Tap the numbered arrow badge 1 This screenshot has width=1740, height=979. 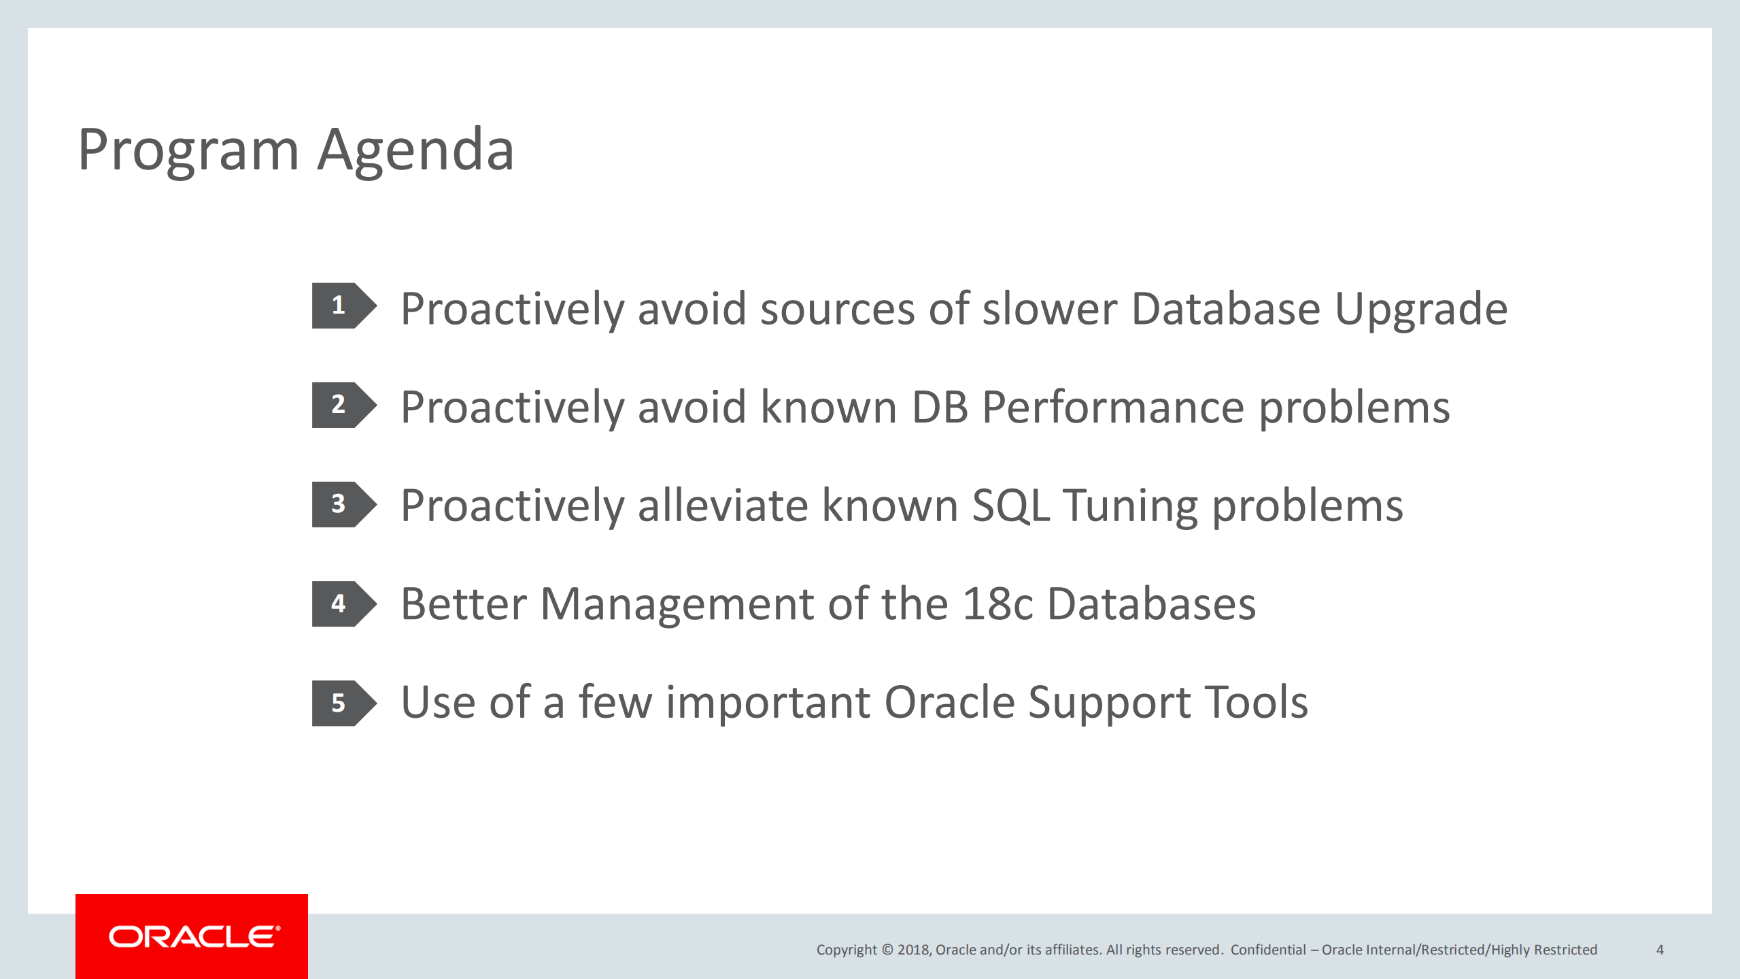coord(344,305)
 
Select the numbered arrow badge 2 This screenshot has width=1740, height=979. coord(344,405)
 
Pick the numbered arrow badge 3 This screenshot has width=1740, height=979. coord(344,504)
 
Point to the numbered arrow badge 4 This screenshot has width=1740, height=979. coord(344,603)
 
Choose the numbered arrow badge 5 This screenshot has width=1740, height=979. coord(344,703)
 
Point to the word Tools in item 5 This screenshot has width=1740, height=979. coord(1257,703)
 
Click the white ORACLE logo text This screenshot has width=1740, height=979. coord(194,937)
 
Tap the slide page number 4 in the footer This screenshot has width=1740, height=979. coord(1660,950)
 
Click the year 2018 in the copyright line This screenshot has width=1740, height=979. coord(912,950)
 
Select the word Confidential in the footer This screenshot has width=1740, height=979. coord(1268,950)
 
